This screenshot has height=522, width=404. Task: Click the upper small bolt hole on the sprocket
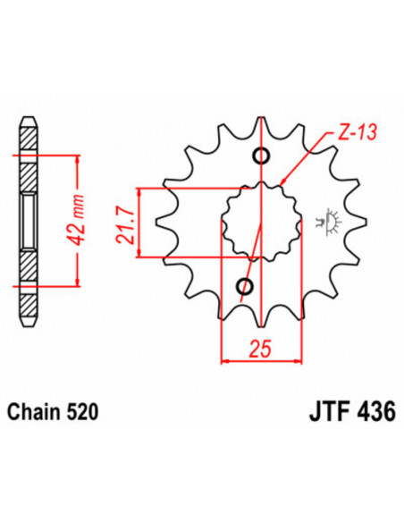[x=261, y=158]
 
